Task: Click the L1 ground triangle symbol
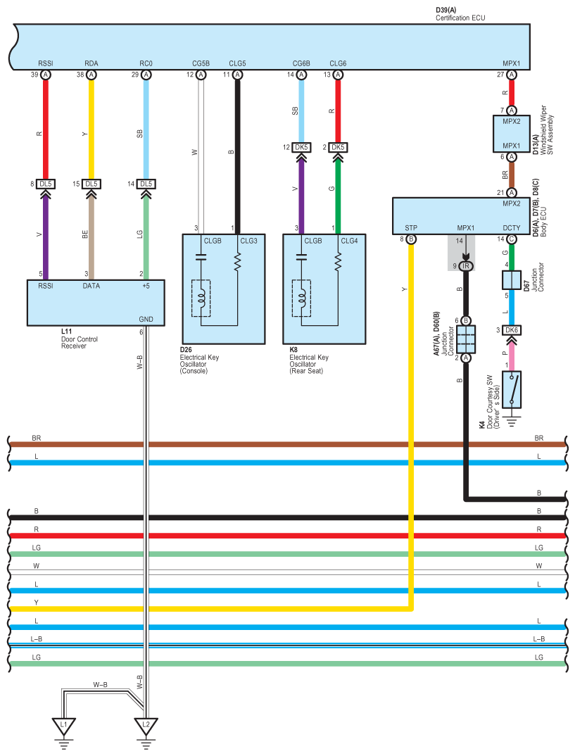point(63,724)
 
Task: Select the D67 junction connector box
point(512,279)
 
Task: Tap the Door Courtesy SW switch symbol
point(512,389)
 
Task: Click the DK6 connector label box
point(512,330)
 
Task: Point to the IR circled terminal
point(466,266)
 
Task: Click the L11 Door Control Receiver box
point(96,303)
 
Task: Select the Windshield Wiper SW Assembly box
point(512,134)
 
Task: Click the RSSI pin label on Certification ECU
point(46,63)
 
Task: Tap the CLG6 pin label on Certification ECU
point(338,63)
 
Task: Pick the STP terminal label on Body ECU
point(411,228)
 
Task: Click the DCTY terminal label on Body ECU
point(512,228)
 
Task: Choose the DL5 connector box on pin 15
point(91,184)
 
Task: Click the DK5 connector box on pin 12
point(301,147)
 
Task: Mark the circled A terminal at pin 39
point(46,75)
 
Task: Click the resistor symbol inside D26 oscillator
point(237,262)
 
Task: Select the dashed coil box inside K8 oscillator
point(301,298)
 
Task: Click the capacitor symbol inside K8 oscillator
point(301,257)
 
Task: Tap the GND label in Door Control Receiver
point(146,319)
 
